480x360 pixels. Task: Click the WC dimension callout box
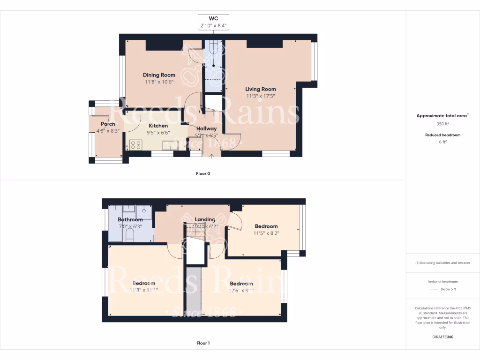214,22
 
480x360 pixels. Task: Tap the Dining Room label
159,75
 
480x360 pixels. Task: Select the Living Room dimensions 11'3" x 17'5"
261,96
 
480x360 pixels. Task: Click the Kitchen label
158,126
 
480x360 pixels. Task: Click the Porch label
108,124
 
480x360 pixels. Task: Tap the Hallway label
206,128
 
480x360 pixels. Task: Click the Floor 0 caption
203,173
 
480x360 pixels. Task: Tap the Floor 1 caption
203,343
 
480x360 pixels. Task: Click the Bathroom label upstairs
130,219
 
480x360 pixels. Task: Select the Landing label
205,219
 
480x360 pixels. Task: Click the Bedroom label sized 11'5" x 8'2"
266,226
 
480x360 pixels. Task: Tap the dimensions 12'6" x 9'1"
241,290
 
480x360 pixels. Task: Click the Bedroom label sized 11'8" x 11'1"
143,284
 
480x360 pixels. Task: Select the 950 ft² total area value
443,124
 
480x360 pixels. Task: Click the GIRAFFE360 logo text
443,337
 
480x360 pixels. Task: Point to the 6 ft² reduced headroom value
443,142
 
